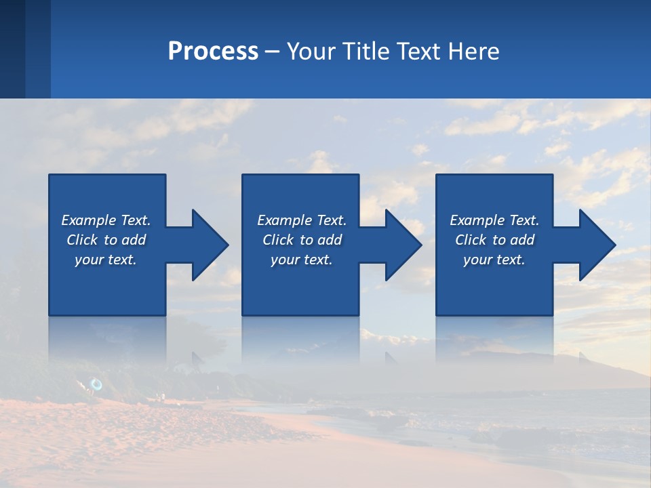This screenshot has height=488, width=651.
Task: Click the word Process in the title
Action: pyautogui.click(x=213, y=52)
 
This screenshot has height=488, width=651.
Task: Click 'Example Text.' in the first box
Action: pyautogui.click(x=106, y=220)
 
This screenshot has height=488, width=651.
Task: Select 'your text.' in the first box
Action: pyautogui.click(x=106, y=260)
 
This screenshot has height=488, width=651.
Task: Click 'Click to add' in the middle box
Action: pyautogui.click(x=302, y=240)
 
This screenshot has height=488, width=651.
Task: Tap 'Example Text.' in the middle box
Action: pyautogui.click(x=302, y=220)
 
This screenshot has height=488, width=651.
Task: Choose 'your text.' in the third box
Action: pyautogui.click(x=494, y=260)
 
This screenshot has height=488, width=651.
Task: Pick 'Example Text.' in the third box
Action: pyautogui.click(x=494, y=220)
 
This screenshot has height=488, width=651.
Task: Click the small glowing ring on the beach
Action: pyautogui.click(x=96, y=385)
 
